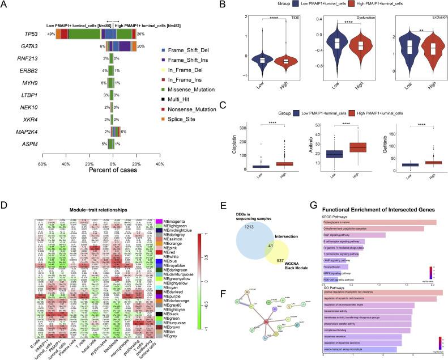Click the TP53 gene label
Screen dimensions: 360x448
coord(16,35)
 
